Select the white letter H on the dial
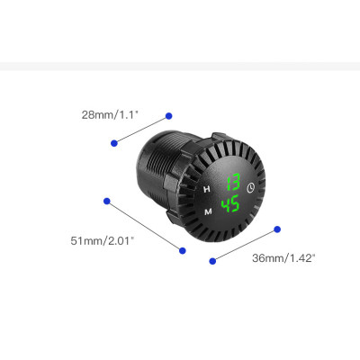pyautogui.click(x=208, y=189)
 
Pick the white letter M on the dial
pyautogui.click(x=208, y=211)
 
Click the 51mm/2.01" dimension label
pyautogui.click(x=103, y=240)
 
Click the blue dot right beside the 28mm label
pyautogui.click(x=168, y=115)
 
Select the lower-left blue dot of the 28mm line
pyautogui.click(x=113, y=143)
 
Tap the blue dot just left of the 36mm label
pyautogui.click(x=213, y=260)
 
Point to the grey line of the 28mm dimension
pyautogui.click(x=141, y=129)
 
